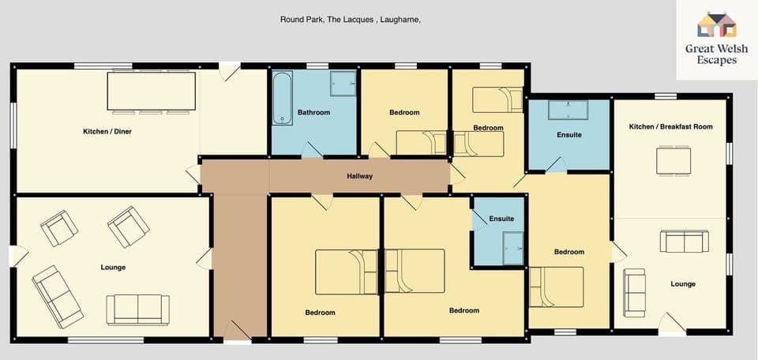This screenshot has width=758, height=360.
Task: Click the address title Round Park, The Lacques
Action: pos(350,20)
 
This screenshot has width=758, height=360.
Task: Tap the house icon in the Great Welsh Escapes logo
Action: pos(716,24)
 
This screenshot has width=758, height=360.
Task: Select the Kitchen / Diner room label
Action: pos(107,131)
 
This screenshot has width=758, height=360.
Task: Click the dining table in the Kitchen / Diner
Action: pos(152,92)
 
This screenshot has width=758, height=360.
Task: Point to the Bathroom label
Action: pos(313,113)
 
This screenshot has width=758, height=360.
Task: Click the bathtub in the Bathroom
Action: pos(283,98)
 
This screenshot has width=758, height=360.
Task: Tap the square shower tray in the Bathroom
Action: pos(343,83)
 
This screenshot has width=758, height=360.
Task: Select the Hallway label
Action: pos(359,176)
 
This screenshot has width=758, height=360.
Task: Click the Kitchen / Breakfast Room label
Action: pos(670,127)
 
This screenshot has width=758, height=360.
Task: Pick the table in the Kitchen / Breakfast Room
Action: pos(673,162)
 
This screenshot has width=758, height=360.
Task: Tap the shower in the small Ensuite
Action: pos(513,249)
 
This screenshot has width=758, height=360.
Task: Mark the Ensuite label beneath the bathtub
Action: pos(568,135)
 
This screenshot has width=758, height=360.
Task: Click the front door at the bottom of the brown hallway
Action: pos(237,332)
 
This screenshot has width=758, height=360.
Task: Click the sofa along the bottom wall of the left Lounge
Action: pos(137,309)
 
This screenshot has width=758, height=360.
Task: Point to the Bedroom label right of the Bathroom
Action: pos(404,113)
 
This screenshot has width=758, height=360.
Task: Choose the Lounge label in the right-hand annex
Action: pos(683,284)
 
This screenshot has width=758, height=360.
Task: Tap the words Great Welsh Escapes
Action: pos(716,54)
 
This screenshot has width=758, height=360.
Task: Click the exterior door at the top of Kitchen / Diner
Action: pos(230,71)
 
